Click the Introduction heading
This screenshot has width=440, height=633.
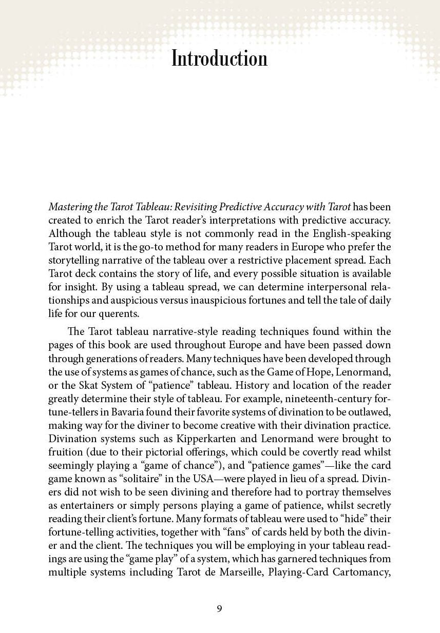219,58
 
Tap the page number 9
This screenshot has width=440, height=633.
220,608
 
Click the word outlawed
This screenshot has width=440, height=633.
370,412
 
